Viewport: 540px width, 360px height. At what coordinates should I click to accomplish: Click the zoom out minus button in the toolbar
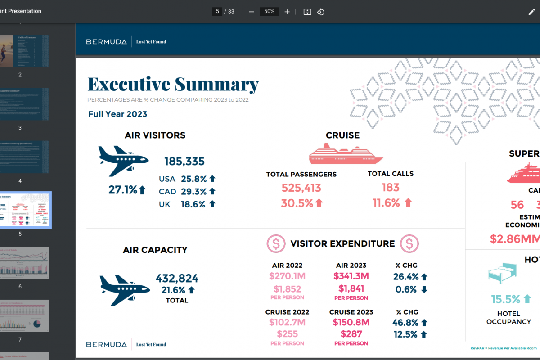pyautogui.click(x=252, y=12)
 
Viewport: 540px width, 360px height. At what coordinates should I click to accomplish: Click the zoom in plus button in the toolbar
pyautogui.click(x=287, y=12)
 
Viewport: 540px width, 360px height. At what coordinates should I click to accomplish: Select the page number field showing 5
pyautogui.click(x=218, y=11)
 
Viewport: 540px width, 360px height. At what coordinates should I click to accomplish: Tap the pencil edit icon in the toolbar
pyautogui.click(x=531, y=12)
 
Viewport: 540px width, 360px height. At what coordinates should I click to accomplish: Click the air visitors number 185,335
pyautogui.click(x=184, y=161)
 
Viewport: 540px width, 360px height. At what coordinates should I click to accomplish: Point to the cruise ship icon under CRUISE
pyautogui.click(x=346, y=153)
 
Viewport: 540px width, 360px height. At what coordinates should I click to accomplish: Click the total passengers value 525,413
pyautogui.click(x=301, y=188)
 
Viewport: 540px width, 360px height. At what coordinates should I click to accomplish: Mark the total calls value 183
pyautogui.click(x=391, y=188)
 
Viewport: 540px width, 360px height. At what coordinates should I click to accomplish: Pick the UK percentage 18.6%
pyautogui.click(x=194, y=204)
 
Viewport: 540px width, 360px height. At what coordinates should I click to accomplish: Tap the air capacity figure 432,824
pyautogui.click(x=177, y=279)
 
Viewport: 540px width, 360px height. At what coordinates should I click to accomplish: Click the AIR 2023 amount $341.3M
pyautogui.click(x=351, y=276)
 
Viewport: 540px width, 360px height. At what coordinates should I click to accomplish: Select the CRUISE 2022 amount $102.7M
pyautogui.click(x=287, y=322)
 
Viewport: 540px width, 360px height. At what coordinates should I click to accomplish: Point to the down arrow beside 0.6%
pyautogui.click(x=424, y=290)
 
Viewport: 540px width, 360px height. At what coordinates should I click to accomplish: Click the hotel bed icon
pyautogui.click(x=503, y=273)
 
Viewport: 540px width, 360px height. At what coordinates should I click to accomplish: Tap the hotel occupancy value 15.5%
pyautogui.click(x=505, y=299)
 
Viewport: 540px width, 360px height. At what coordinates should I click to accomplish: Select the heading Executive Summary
pyautogui.click(x=173, y=85)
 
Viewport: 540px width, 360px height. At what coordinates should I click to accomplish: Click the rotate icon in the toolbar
pyautogui.click(x=321, y=12)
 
